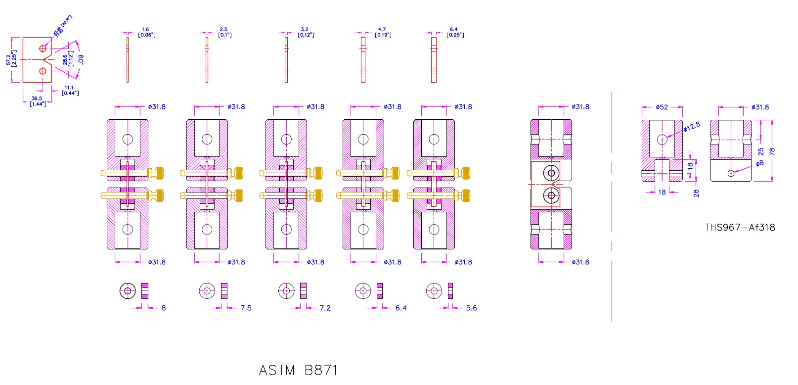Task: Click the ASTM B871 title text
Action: (x=298, y=370)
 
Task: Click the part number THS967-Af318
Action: (x=740, y=228)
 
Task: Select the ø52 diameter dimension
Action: (x=662, y=107)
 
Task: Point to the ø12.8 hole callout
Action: (x=692, y=127)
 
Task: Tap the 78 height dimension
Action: (x=772, y=151)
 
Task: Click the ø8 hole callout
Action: (x=760, y=163)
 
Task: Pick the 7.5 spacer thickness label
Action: (x=246, y=308)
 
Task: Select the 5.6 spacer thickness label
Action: (x=471, y=308)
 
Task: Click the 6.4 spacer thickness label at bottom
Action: (x=401, y=308)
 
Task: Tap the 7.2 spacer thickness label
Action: (x=325, y=308)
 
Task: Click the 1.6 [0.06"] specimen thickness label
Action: (x=146, y=32)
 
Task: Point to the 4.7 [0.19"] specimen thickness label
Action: (x=383, y=32)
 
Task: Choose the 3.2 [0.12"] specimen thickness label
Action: (x=306, y=32)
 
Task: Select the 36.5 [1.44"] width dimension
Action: (x=38, y=101)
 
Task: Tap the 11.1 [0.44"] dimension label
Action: (x=70, y=90)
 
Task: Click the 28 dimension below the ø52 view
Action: (x=696, y=193)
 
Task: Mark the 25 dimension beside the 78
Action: (x=761, y=151)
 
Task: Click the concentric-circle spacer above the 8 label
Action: (x=128, y=290)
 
